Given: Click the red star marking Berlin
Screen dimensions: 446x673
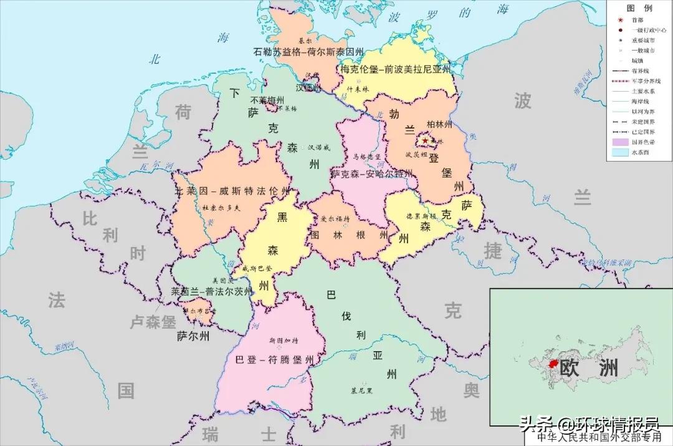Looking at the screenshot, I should point(425,140).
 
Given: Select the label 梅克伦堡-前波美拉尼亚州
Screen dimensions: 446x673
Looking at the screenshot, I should point(395,69).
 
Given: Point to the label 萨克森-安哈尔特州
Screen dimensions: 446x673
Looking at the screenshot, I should point(371,173).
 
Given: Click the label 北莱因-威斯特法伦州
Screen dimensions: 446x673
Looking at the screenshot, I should point(232,191).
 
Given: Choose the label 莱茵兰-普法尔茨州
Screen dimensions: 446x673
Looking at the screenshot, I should point(212,291).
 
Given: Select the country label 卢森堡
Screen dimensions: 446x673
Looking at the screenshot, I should point(153,322).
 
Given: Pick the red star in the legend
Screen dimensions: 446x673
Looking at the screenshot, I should point(616,19).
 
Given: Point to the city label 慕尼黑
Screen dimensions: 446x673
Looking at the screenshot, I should point(361,390).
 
